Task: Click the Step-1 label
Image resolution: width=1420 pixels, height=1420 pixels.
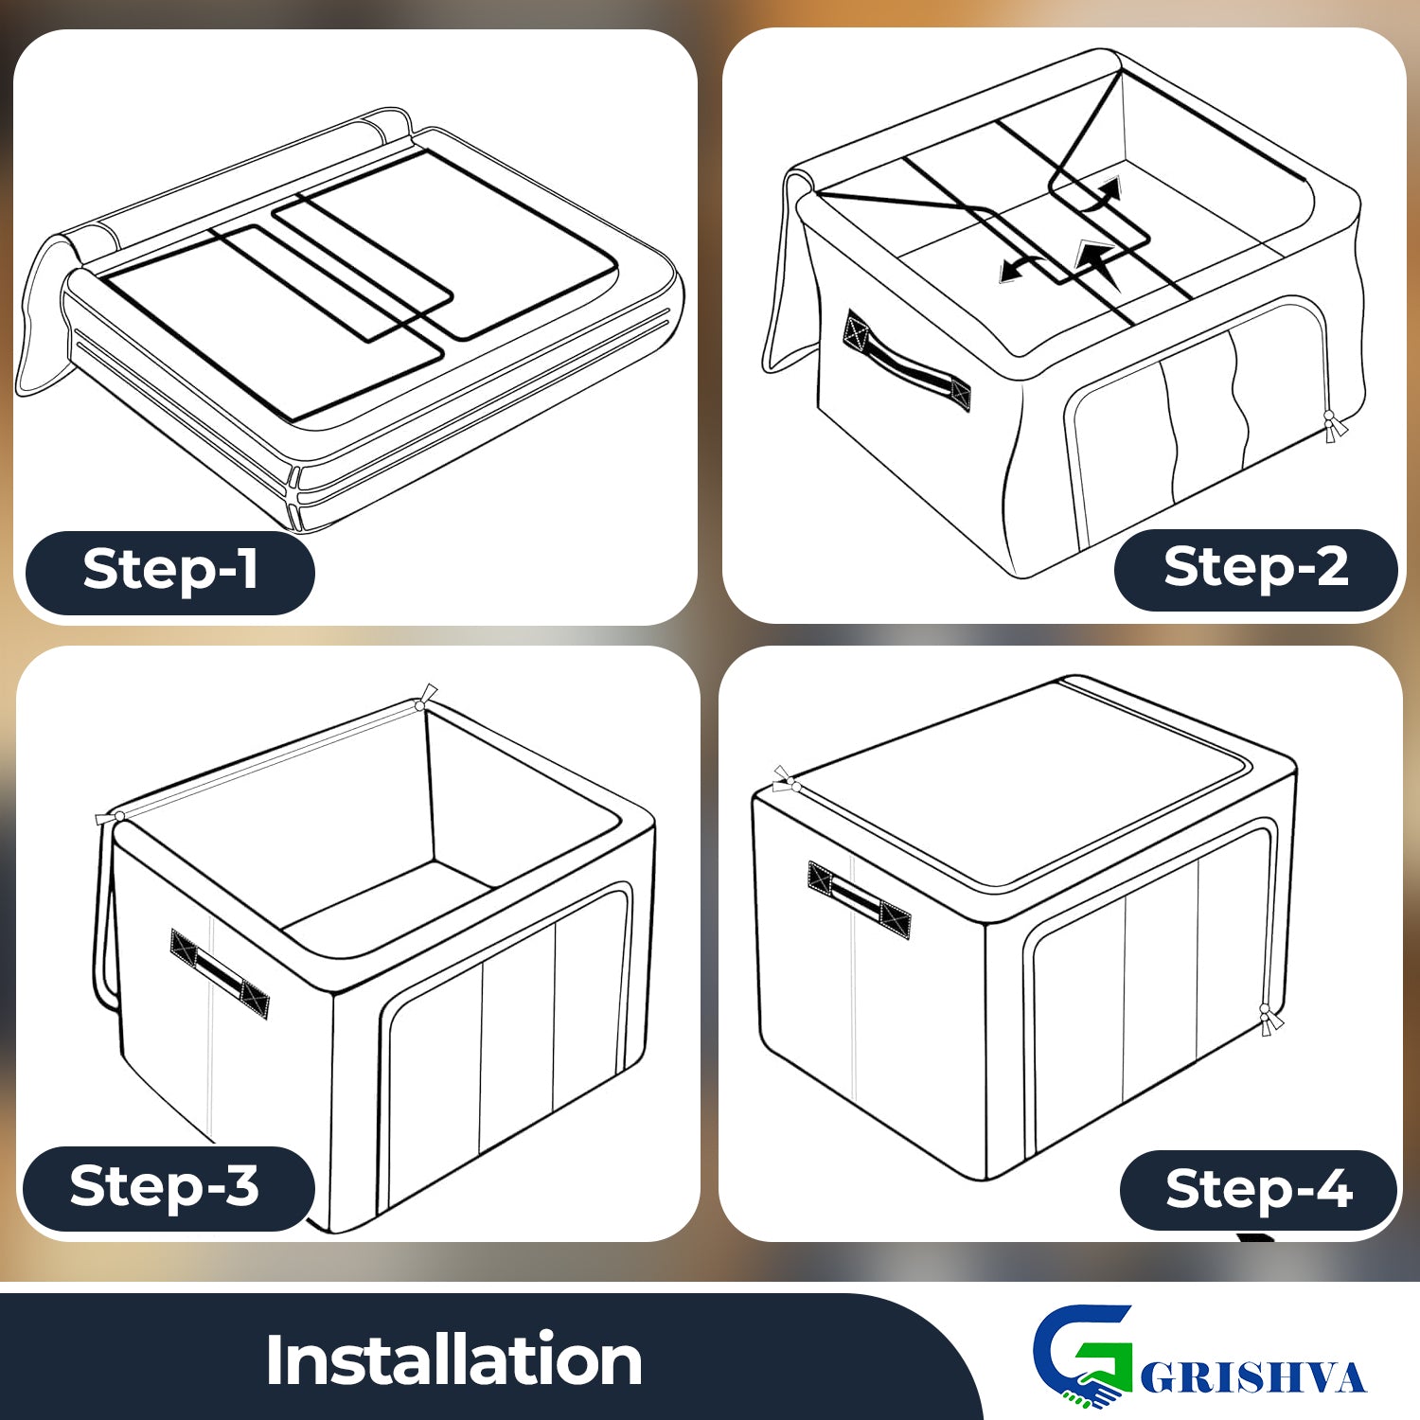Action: pyautogui.click(x=170, y=571)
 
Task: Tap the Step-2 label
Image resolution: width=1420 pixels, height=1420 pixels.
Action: pyautogui.click(x=1256, y=568)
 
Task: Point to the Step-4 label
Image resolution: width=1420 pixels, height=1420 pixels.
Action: pyautogui.click(x=1259, y=1190)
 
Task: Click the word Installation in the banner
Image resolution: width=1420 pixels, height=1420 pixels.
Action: pyautogui.click(x=453, y=1360)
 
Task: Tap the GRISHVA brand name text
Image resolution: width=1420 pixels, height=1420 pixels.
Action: pyautogui.click(x=1253, y=1377)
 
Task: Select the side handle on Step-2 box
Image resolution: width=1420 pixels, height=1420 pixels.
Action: pyautogui.click(x=907, y=362)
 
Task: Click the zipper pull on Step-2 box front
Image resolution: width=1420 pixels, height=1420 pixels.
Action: pyautogui.click(x=1334, y=428)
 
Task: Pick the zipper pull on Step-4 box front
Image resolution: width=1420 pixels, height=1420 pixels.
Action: pyautogui.click(x=1269, y=1020)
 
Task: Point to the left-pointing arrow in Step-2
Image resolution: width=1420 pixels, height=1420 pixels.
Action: pyautogui.click(x=1019, y=268)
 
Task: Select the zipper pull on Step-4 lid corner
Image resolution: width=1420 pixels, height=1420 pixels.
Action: pyautogui.click(x=785, y=780)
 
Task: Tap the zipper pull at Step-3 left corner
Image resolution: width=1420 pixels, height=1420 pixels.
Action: pyautogui.click(x=110, y=817)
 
